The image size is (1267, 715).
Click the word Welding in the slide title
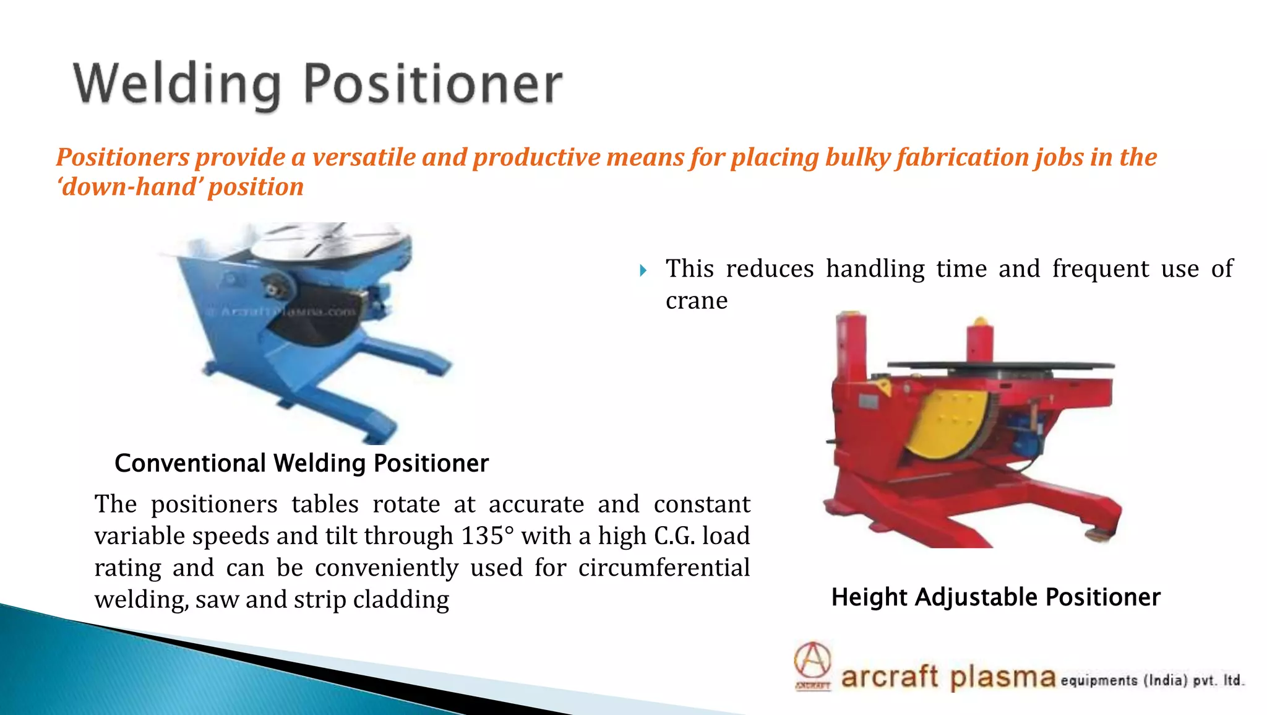coord(176,85)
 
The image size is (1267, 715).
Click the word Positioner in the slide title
coord(433,85)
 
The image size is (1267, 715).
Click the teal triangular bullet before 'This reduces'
coord(643,271)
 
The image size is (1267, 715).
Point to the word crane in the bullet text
coord(696,301)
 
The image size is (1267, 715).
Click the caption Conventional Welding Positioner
coord(301,463)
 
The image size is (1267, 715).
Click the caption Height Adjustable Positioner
coord(995,597)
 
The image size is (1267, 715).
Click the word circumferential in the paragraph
coord(663,568)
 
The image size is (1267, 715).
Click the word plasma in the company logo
coord(1002,677)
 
